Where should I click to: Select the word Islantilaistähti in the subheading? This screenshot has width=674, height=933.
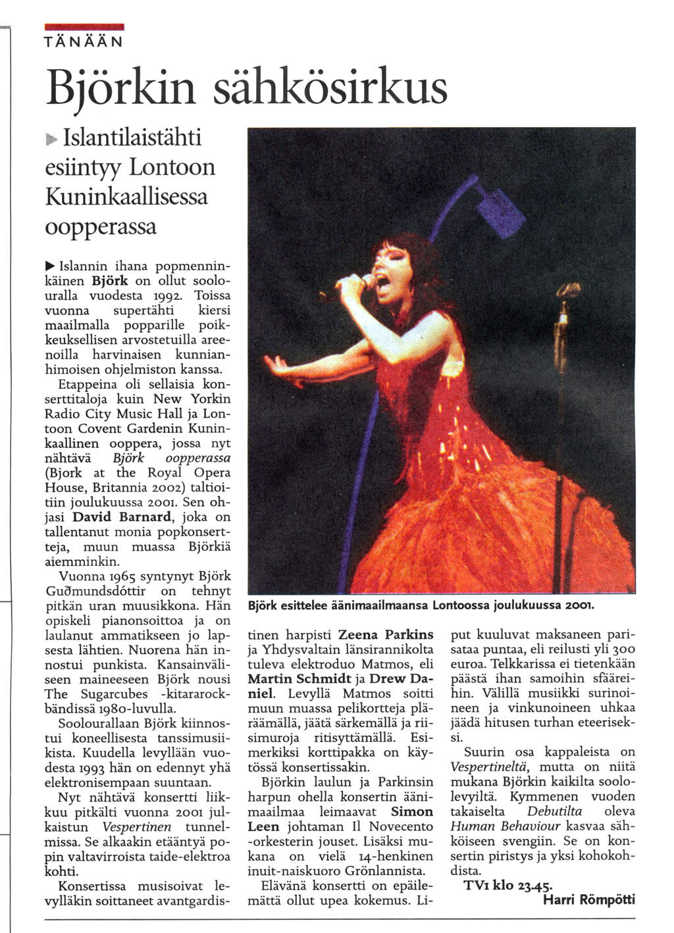(132, 139)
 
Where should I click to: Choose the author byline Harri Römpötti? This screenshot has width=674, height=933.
(589, 900)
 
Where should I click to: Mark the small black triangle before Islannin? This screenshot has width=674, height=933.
(49, 266)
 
